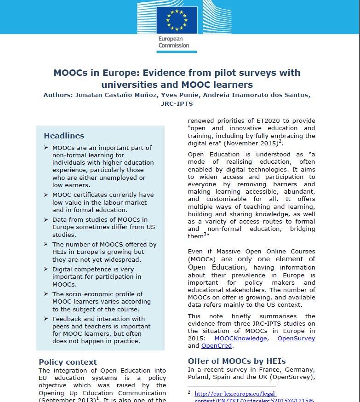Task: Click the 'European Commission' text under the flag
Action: (x=174, y=42)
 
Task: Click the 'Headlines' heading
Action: (x=64, y=136)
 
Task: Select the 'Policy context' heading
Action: (x=68, y=362)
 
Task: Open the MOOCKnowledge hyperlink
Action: (x=247, y=338)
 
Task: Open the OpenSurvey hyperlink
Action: (x=297, y=338)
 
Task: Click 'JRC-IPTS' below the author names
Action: (x=177, y=104)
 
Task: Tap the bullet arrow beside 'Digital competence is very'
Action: (x=46, y=269)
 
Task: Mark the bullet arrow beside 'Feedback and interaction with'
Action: (x=46, y=318)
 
